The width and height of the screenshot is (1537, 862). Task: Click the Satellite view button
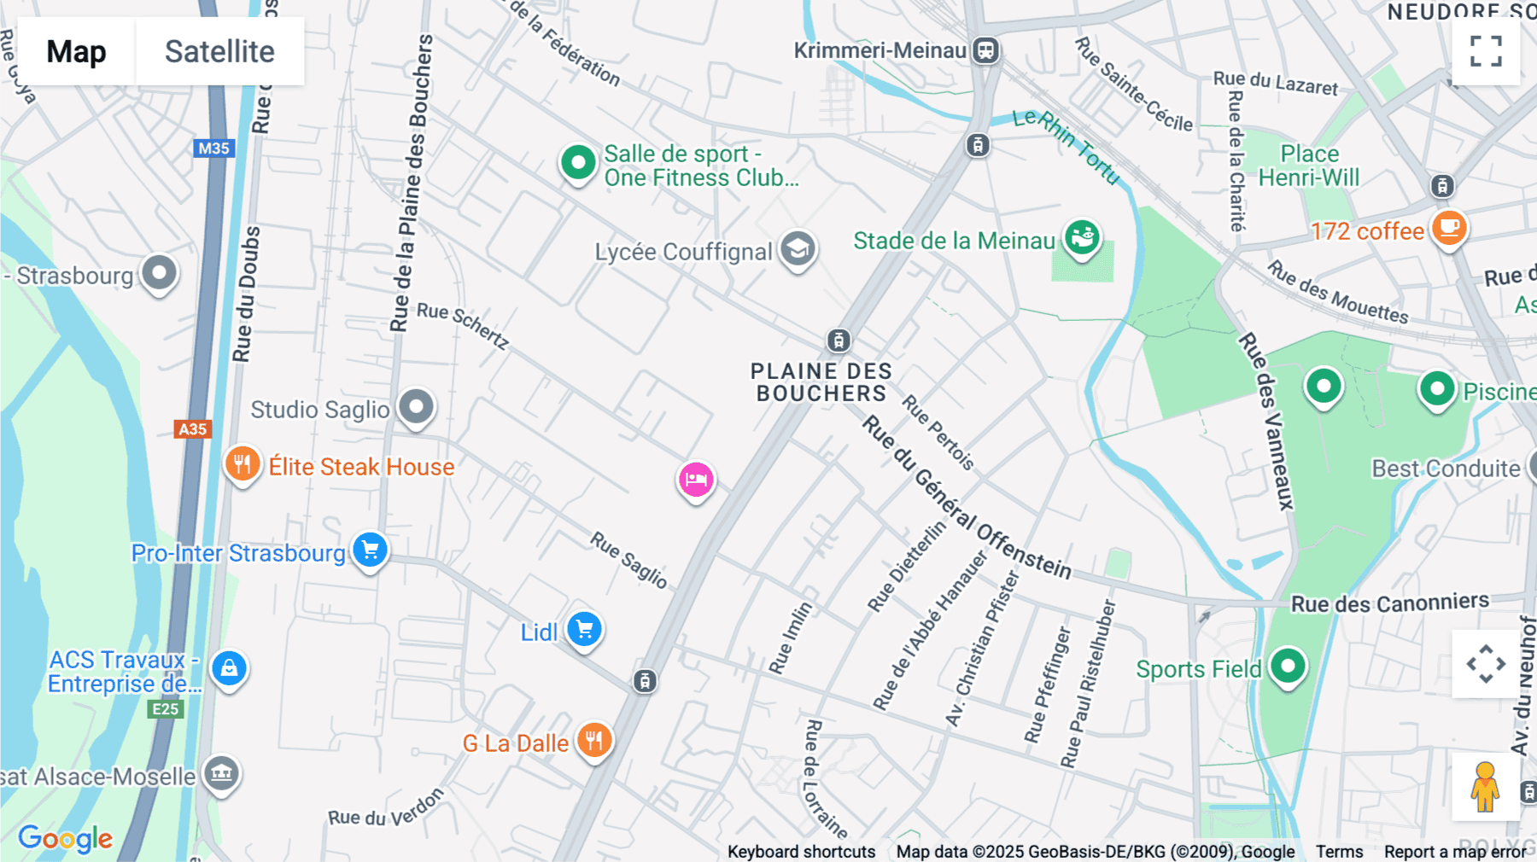219,52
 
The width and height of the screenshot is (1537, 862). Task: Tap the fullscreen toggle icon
1486,51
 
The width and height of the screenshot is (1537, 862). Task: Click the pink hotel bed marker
696,480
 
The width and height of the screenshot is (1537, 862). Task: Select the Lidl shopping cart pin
585,631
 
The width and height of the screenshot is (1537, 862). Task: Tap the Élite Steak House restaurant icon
243,464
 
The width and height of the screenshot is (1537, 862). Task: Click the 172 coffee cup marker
1449,228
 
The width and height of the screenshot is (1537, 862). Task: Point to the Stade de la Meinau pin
1082,237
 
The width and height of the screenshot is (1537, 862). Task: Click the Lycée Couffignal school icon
798,249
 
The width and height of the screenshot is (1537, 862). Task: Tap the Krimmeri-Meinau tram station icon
985,50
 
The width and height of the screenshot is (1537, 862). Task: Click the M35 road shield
213,149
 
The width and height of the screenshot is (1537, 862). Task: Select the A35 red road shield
192,429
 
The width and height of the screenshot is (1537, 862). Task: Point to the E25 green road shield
165,709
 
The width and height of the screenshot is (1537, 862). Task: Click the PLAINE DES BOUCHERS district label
821,382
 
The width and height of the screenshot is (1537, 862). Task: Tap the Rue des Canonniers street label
1389,603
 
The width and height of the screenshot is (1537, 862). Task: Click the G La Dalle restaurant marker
594,741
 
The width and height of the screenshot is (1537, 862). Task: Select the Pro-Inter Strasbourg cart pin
370,550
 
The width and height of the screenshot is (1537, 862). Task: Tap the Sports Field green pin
1288,666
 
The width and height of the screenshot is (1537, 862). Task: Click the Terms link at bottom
1339,852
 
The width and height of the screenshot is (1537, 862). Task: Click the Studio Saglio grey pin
417,407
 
